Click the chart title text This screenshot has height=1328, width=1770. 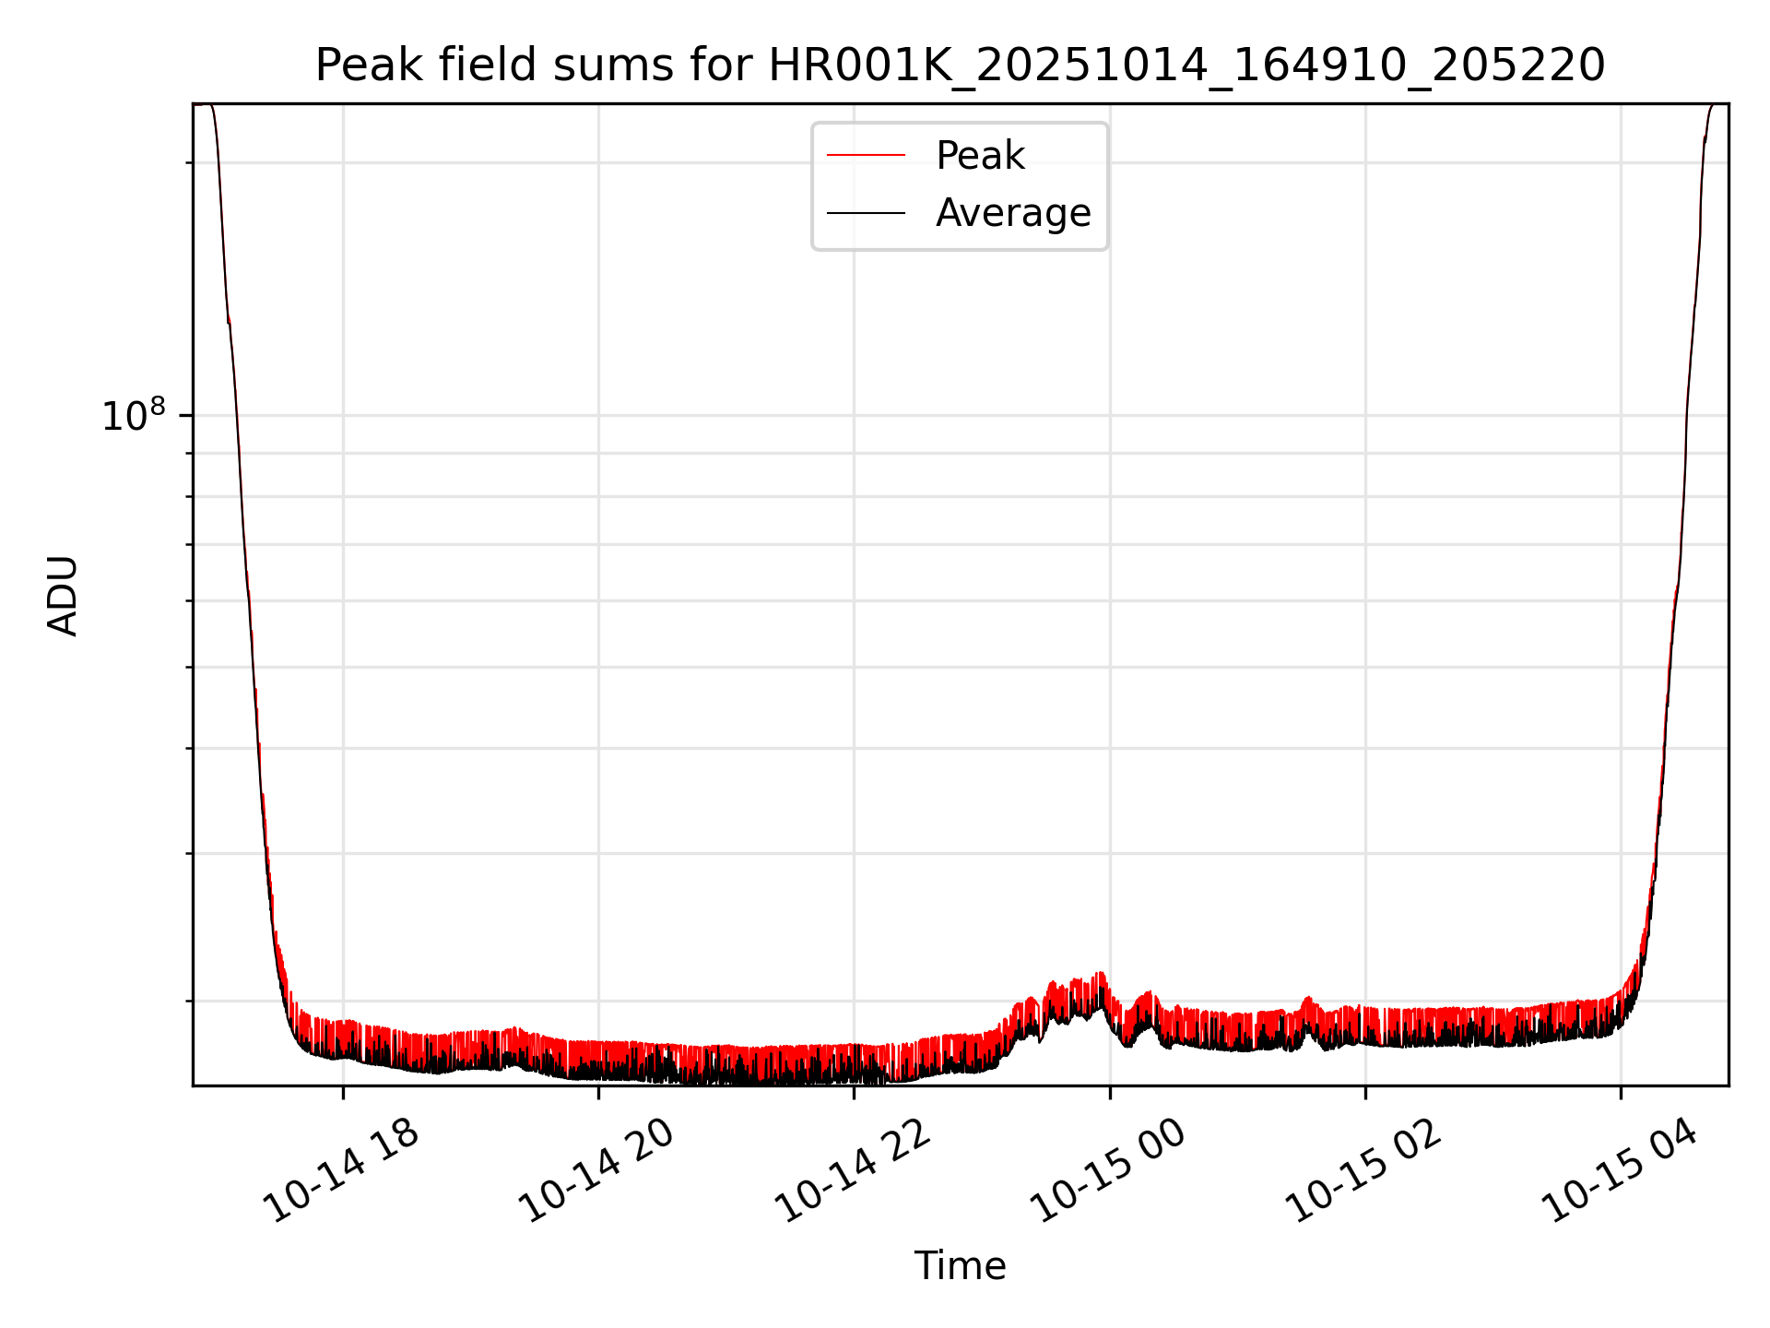(x=960, y=65)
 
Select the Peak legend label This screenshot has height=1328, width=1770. (x=979, y=156)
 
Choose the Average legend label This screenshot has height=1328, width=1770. (x=1012, y=213)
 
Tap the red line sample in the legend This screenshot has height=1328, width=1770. (x=866, y=156)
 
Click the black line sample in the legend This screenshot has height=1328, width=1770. (x=866, y=213)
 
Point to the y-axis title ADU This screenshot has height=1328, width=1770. (x=63, y=595)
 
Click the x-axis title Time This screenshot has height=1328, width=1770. (x=960, y=1265)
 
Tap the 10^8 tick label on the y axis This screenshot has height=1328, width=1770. (x=134, y=416)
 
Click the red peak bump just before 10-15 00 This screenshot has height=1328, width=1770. (x=1099, y=975)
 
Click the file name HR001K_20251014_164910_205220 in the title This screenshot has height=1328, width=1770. (x=1186, y=65)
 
